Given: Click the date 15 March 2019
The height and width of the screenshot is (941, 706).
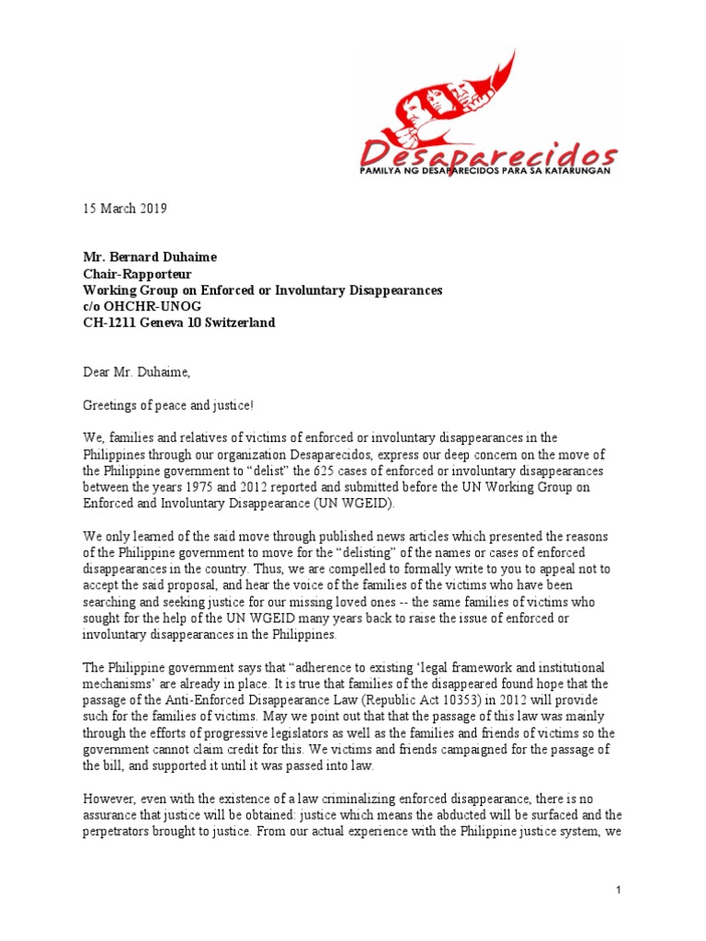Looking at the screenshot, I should [124, 209].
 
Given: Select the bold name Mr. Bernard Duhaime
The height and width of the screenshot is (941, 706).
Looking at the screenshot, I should [151, 257].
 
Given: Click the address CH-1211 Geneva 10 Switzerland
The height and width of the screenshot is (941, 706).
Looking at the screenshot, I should [178, 323].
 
